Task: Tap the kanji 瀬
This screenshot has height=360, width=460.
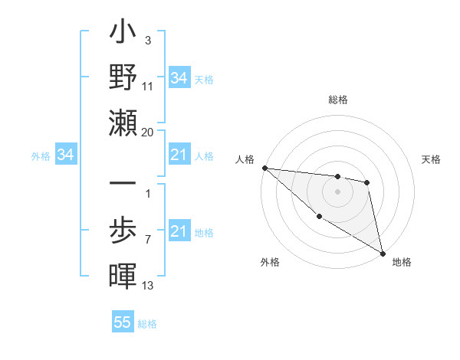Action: (x=123, y=123)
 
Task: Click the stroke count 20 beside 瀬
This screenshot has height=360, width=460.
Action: (x=148, y=133)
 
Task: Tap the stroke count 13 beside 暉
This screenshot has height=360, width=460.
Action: (x=148, y=286)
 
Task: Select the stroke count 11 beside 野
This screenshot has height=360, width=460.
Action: (x=148, y=87)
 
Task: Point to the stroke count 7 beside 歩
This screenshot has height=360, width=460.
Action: (x=148, y=240)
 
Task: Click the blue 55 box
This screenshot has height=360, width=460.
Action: (x=123, y=322)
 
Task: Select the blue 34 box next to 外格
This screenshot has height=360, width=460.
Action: (x=65, y=155)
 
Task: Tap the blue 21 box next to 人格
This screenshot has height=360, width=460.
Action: (x=179, y=155)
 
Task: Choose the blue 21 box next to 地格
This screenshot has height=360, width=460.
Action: (x=179, y=232)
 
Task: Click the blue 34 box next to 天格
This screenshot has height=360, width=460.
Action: (x=179, y=78)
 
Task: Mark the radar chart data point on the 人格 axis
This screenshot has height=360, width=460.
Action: (x=264, y=168)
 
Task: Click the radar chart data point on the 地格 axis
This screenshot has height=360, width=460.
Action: (x=383, y=253)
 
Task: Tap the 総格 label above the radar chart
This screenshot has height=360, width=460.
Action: (x=338, y=100)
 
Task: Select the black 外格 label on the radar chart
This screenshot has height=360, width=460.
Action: (x=269, y=262)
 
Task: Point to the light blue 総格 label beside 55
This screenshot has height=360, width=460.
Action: (x=147, y=324)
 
